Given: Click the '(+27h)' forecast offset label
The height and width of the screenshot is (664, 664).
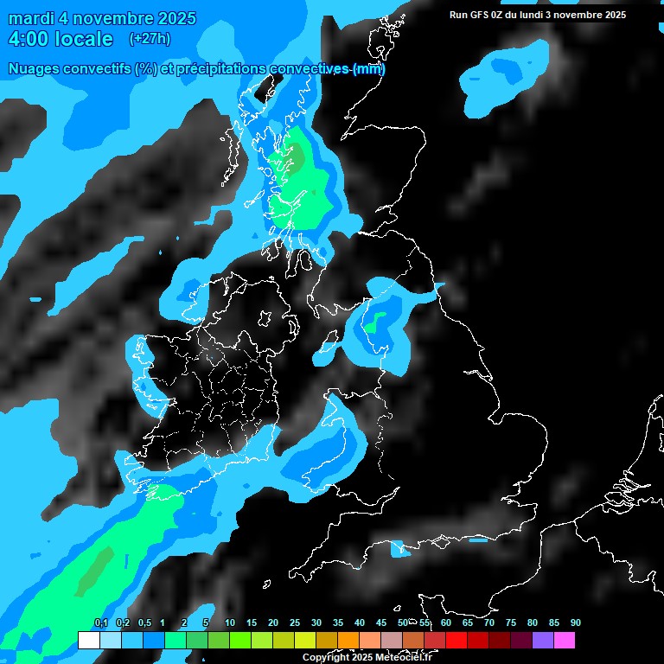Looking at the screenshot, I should (150, 39).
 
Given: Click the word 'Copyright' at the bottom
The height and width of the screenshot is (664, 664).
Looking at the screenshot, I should (325, 658).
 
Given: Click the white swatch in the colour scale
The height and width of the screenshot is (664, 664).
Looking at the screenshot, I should (88, 640).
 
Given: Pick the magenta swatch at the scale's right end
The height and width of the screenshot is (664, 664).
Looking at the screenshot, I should (564, 640).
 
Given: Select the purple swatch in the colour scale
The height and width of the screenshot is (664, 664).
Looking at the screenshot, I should (542, 640).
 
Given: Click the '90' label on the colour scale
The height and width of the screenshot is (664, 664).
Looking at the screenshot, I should (575, 622).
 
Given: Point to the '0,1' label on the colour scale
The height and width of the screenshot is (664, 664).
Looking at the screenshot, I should (100, 622).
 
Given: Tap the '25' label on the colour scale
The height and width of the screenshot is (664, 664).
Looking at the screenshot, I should (294, 622).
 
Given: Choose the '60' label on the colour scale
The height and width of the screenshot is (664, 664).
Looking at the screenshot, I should (445, 622).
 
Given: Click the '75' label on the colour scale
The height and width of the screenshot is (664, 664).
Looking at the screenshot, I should (510, 622).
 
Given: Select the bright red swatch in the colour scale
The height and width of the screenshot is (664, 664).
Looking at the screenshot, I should (456, 640).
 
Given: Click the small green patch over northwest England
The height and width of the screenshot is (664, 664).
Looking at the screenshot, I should (372, 325).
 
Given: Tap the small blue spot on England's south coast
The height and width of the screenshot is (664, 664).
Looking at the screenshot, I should (399, 547).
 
